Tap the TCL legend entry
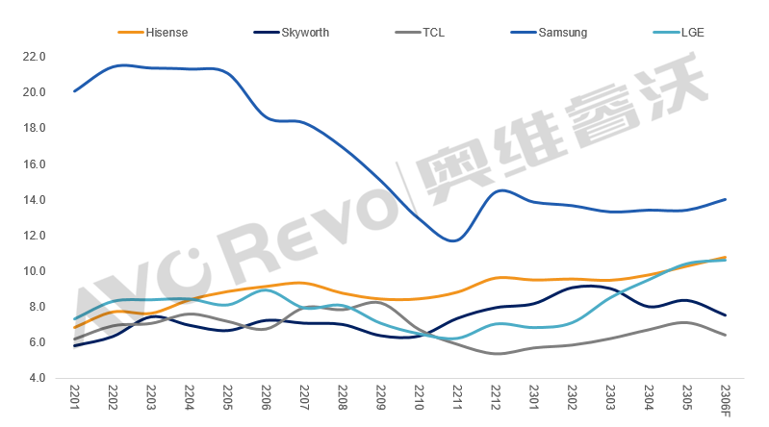point(433,32)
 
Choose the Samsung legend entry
point(563,32)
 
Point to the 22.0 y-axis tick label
point(34,57)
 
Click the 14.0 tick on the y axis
point(34,200)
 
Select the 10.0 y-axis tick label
point(34,271)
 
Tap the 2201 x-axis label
point(75,396)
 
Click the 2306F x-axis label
point(724,399)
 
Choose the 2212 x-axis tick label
point(495,396)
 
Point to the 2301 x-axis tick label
point(533,396)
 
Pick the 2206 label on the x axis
point(266,396)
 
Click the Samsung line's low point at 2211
point(455,240)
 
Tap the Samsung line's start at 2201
point(75,91)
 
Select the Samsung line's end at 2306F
point(724,199)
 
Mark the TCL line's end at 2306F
point(724,335)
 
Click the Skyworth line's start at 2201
point(75,345)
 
